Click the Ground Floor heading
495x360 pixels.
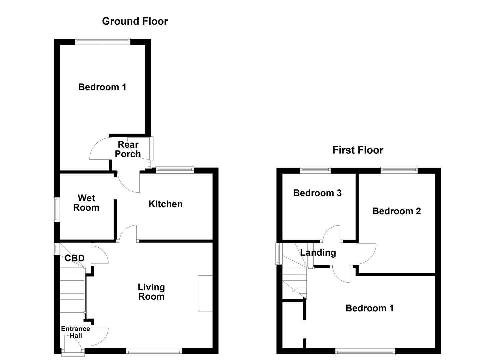click(x=135, y=21)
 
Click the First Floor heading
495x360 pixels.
click(x=357, y=150)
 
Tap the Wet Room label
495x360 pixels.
click(x=86, y=203)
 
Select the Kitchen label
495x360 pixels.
click(x=165, y=204)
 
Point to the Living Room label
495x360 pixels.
click(x=151, y=292)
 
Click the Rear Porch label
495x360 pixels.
click(x=128, y=149)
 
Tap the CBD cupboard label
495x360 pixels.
click(x=74, y=258)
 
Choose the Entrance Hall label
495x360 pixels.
click(x=75, y=332)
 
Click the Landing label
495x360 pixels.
click(x=318, y=252)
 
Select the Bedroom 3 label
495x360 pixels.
click(x=317, y=193)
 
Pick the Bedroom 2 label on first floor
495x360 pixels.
click(x=396, y=211)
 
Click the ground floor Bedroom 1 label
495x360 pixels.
click(x=102, y=87)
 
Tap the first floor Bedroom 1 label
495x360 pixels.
click(x=369, y=308)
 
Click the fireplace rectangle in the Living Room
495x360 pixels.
click(x=205, y=293)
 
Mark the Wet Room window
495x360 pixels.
click(x=56, y=210)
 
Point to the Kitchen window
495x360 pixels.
click(x=175, y=170)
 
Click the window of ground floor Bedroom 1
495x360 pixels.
click(x=102, y=41)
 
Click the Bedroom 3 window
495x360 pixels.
click(x=315, y=170)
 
